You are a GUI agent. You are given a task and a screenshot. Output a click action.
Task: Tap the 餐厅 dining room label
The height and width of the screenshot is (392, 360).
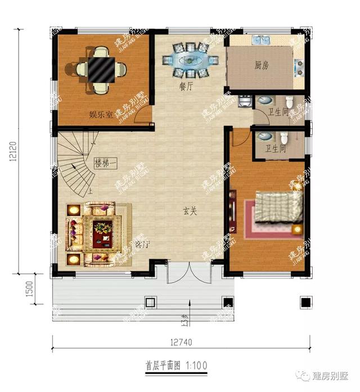coord(186,87)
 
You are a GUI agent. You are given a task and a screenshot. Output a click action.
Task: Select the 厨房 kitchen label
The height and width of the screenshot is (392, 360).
coord(262,66)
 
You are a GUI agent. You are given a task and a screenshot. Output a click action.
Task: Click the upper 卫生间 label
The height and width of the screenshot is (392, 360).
coord(278,112)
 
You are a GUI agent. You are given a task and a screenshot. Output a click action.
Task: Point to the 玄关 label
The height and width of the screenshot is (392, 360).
coord(190,212)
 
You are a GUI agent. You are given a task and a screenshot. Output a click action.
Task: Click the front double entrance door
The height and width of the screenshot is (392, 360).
coord(190,274)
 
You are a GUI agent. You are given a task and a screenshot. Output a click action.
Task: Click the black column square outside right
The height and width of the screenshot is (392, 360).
coord(306,303)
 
